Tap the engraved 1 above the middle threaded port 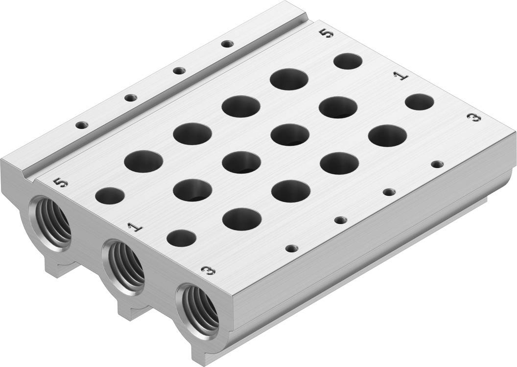[x=132, y=227]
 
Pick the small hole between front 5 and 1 [x=109, y=196]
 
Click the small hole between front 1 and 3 [x=181, y=238]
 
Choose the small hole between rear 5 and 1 [x=348, y=61]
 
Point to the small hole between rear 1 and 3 [x=420, y=101]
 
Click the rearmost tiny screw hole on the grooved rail [x=225, y=44]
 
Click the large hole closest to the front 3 [x=241, y=219]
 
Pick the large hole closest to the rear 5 [x=290, y=79]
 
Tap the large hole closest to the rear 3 [x=387, y=136]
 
